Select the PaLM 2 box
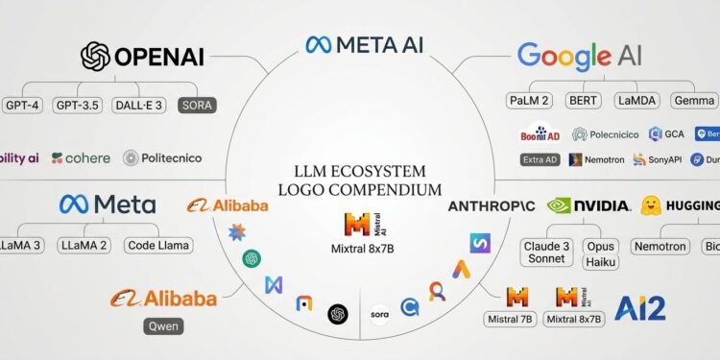click(530, 100)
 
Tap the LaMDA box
click(636, 100)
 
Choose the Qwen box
click(163, 326)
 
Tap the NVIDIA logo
click(588, 205)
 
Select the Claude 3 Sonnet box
click(545, 252)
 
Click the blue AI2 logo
click(639, 308)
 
